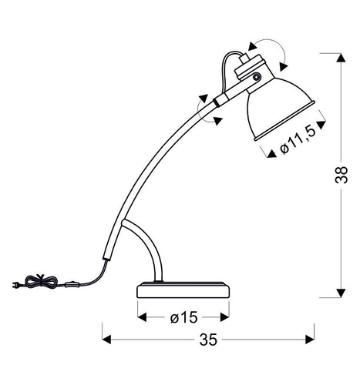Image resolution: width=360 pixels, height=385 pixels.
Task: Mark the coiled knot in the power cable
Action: click(36, 283)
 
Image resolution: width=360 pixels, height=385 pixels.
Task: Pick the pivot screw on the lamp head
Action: click(257, 79)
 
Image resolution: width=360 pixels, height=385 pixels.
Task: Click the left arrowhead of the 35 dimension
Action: click(107, 338)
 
